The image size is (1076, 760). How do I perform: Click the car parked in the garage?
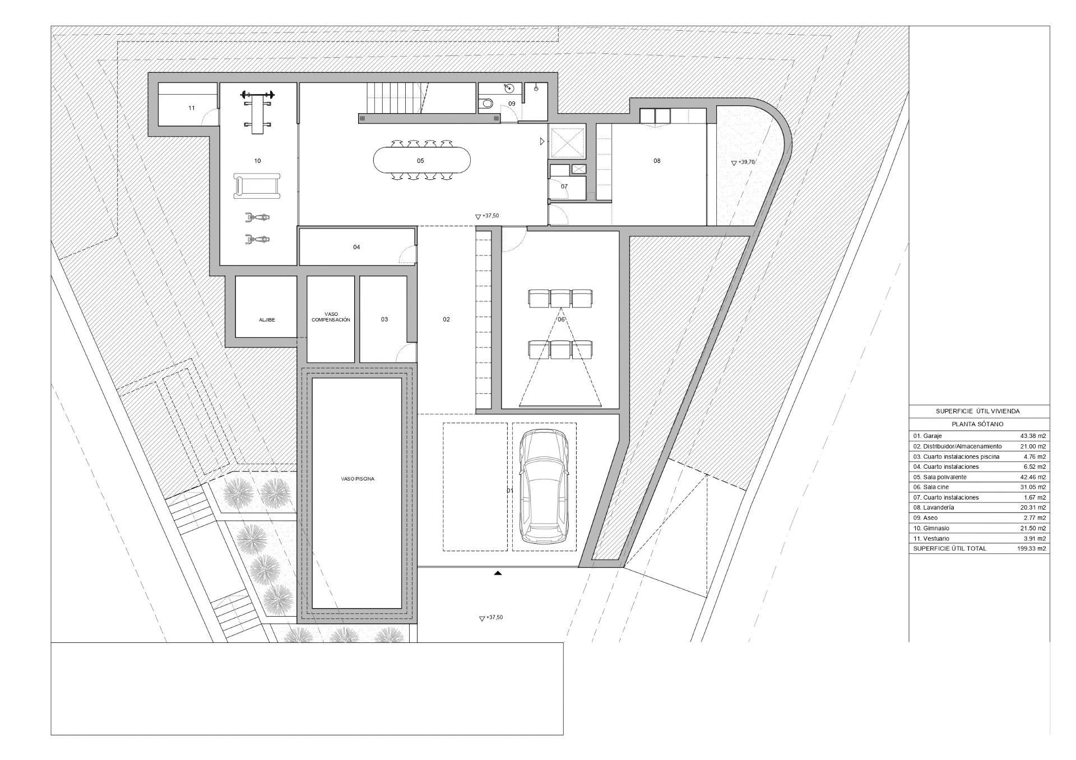click(x=544, y=486)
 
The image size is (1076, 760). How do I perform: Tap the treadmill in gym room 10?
click(x=257, y=186)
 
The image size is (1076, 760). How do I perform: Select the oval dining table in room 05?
click(x=422, y=161)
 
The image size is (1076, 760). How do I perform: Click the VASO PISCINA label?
click(x=358, y=479)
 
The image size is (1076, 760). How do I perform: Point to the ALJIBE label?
click(x=267, y=320)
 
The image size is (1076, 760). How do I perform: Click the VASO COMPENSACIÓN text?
click(x=331, y=317)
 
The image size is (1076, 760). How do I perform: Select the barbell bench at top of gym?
click(x=257, y=111)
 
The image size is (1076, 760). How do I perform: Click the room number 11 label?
click(x=192, y=108)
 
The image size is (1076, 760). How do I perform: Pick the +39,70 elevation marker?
click(x=743, y=162)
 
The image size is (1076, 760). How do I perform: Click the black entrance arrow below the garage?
click(x=498, y=573)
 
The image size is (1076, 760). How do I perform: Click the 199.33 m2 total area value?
click(x=1032, y=548)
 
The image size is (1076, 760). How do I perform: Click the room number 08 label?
click(x=657, y=161)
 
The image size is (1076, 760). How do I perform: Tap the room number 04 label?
click(x=356, y=247)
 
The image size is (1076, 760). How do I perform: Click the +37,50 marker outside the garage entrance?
click(x=491, y=618)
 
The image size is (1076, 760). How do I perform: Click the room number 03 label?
click(x=384, y=320)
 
